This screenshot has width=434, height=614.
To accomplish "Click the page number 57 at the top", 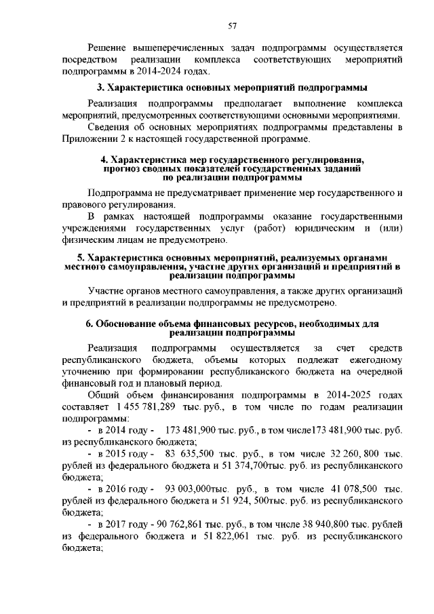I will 232,26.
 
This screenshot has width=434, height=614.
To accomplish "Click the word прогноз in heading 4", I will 123,168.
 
